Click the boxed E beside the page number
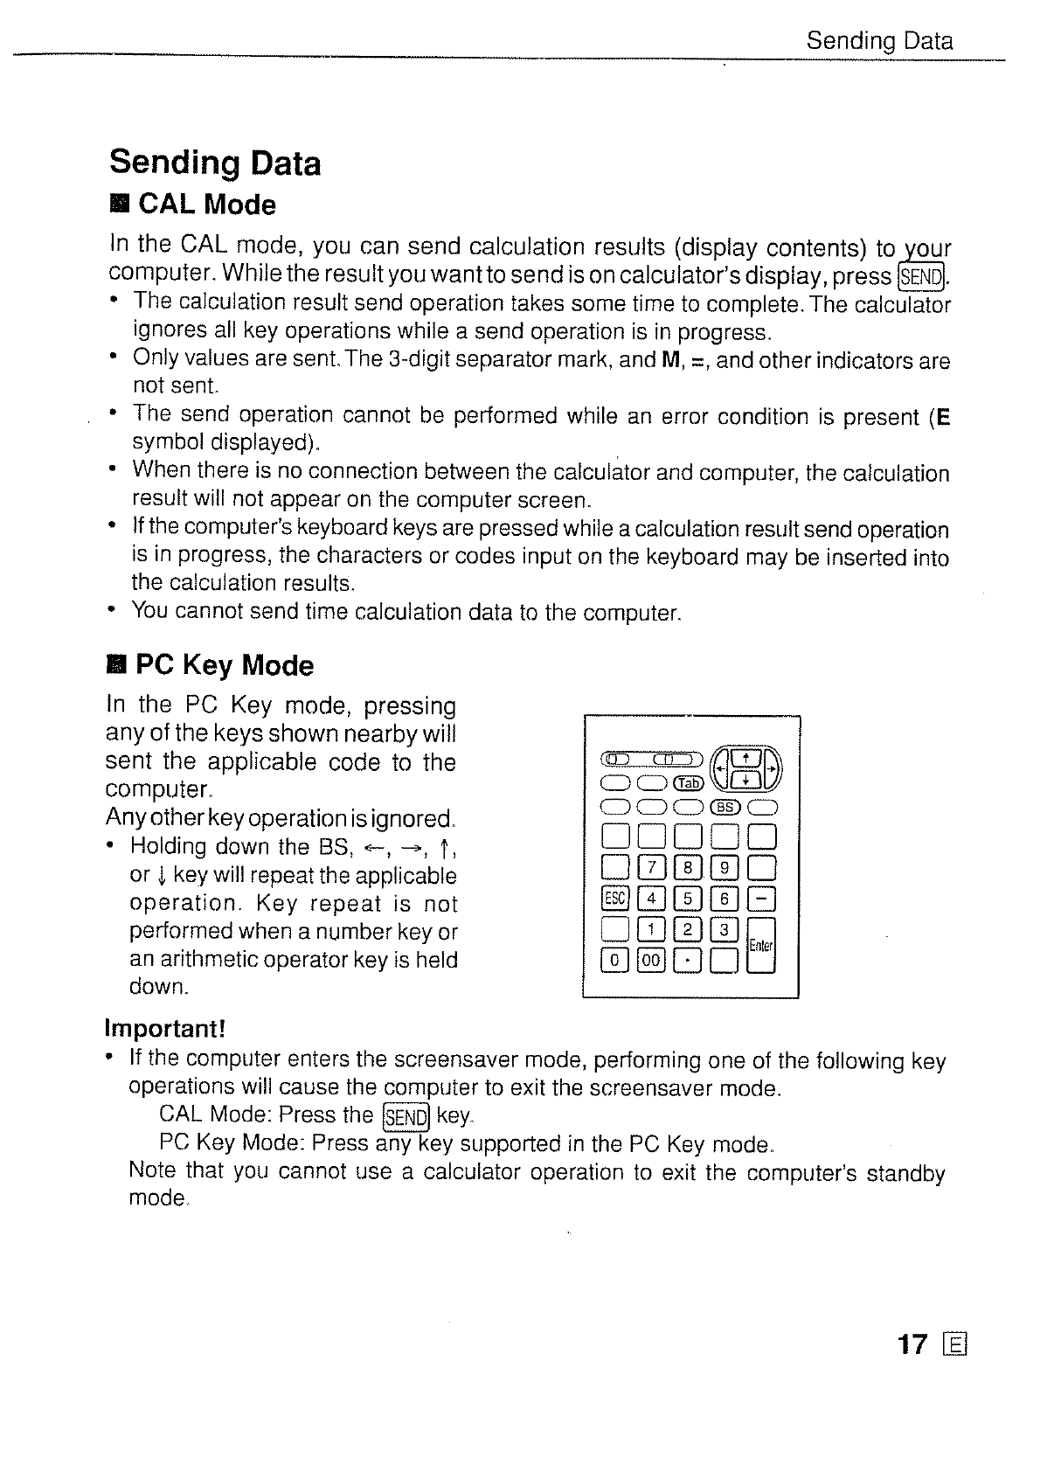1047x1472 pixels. click(x=954, y=1345)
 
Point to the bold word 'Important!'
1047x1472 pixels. click(x=165, y=1025)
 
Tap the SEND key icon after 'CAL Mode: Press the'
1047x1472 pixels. click(x=406, y=1117)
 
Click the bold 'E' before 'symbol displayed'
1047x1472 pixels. click(x=943, y=417)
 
